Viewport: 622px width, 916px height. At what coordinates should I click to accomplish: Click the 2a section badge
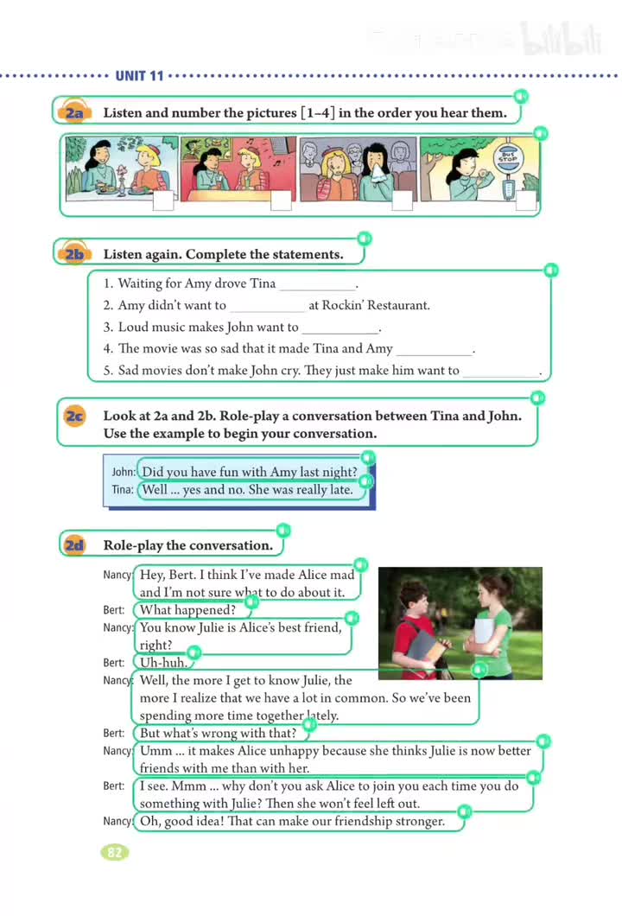click(73, 113)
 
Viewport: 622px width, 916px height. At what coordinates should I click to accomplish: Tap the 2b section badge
click(73, 254)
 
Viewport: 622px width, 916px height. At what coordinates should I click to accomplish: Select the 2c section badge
click(74, 417)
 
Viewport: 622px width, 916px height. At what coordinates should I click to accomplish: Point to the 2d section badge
click(74, 545)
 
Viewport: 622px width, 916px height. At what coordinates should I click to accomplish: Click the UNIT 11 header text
click(139, 76)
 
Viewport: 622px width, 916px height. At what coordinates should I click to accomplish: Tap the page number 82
click(114, 853)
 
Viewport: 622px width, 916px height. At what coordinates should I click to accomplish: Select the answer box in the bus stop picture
click(525, 201)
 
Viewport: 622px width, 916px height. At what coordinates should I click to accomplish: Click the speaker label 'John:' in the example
click(124, 473)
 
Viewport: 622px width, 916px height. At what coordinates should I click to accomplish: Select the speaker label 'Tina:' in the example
click(123, 490)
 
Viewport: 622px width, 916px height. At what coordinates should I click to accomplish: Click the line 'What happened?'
click(188, 610)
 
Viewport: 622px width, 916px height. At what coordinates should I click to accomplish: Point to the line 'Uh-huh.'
click(162, 663)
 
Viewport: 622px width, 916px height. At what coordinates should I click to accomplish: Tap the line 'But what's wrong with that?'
click(218, 734)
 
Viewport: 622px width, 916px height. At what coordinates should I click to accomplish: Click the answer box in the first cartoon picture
click(162, 201)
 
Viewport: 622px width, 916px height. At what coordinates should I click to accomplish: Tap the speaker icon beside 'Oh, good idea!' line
click(465, 812)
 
